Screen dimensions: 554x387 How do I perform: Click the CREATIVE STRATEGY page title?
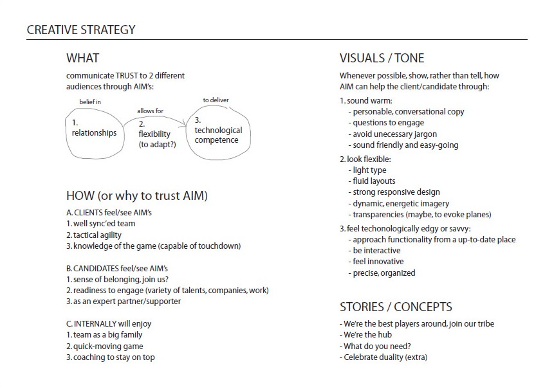[x=81, y=30]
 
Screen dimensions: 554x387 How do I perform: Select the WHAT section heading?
[x=82, y=58]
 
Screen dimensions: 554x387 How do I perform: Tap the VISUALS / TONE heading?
[x=382, y=58]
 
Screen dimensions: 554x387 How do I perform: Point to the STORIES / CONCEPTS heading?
[x=396, y=307]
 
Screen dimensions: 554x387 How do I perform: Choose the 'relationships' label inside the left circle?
[x=94, y=133]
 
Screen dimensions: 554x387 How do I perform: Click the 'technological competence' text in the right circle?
[x=218, y=135]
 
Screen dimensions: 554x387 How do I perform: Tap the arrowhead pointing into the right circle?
[x=184, y=123]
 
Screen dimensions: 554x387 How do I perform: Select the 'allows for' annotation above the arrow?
[x=150, y=111]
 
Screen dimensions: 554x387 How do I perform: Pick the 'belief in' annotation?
[x=90, y=102]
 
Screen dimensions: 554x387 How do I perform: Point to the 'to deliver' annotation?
[x=216, y=100]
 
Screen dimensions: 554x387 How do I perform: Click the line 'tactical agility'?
[x=94, y=235]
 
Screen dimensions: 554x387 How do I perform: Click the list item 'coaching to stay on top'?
[x=110, y=357]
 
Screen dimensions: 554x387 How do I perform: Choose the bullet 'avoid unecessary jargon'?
[x=392, y=134]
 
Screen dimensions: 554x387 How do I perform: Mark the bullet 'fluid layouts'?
[x=372, y=181]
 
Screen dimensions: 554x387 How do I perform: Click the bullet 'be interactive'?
[x=374, y=251]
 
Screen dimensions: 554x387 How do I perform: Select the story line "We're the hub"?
[x=365, y=335]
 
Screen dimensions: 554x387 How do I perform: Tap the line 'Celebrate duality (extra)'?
[x=383, y=357]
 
